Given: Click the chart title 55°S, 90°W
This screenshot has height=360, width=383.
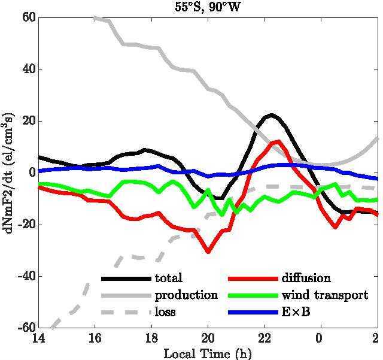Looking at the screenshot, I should click(208, 8).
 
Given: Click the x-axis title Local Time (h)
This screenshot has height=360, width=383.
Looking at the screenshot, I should click(207, 352).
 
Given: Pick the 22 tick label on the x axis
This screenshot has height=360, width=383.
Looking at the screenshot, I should click(264, 338).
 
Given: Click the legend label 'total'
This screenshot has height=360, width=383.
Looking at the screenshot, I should click(168, 279).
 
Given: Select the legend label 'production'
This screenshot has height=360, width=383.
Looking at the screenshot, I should click(186, 295).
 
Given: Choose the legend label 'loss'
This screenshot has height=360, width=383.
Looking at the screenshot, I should click(165, 312).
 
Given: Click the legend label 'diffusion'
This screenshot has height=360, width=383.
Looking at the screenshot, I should click(306, 279).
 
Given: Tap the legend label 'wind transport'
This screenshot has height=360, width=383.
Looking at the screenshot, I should click(325, 295).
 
